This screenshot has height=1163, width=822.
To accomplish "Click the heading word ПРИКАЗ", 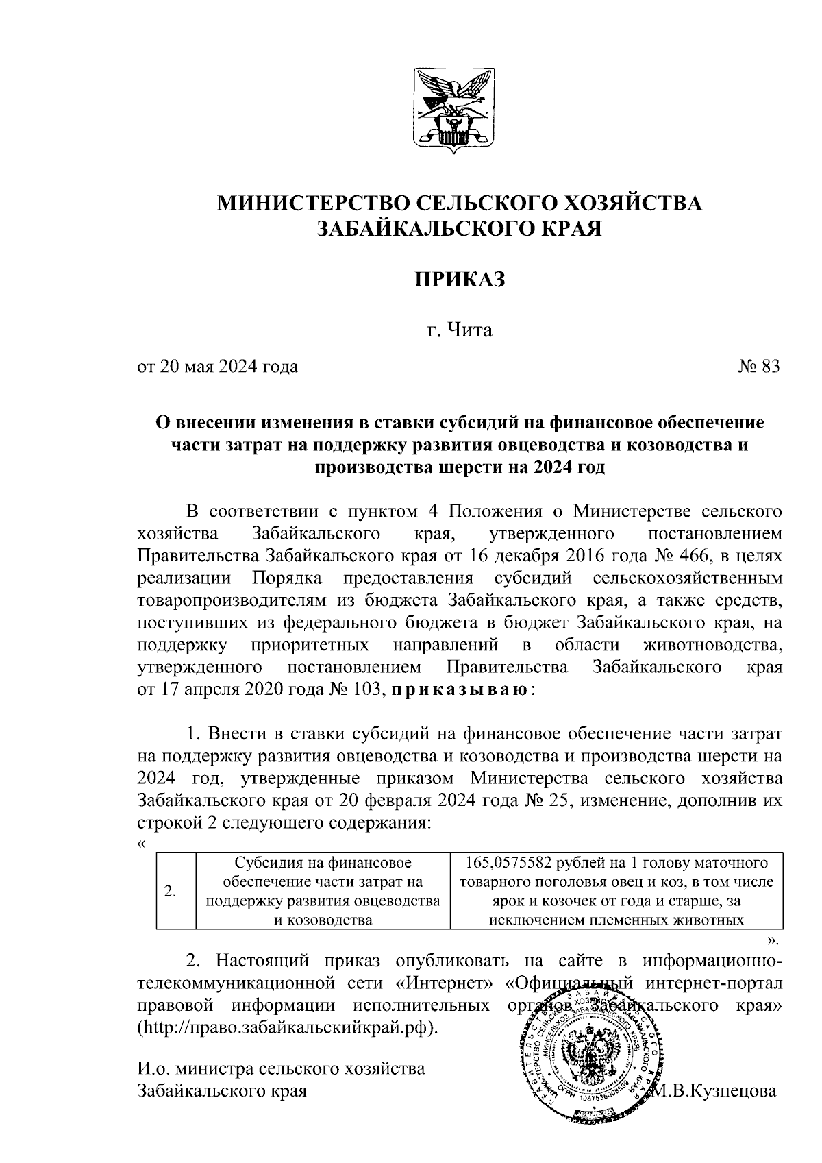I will (460, 279).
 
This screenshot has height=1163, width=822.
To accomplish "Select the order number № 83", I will (759, 367).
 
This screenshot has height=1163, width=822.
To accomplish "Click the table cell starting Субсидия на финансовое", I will (323, 891).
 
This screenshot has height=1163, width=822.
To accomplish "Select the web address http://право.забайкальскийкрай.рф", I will (287, 1028).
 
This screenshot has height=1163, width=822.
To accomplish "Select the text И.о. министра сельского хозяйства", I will (281, 1068).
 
